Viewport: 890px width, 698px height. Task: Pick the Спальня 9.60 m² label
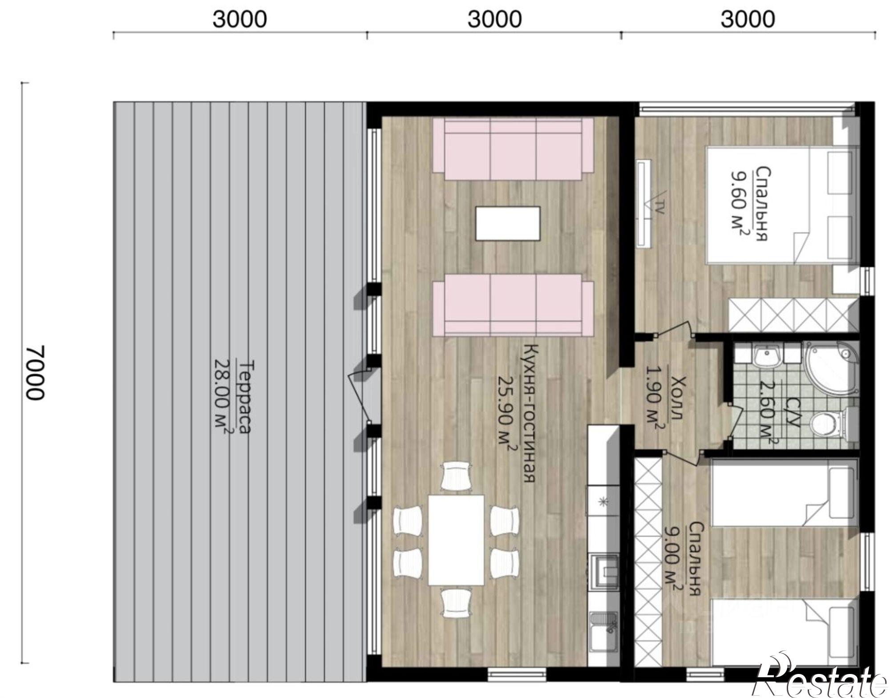[748, 203]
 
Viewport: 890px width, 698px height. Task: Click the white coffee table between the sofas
[508, 223]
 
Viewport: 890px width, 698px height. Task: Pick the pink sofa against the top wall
[513, 149]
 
